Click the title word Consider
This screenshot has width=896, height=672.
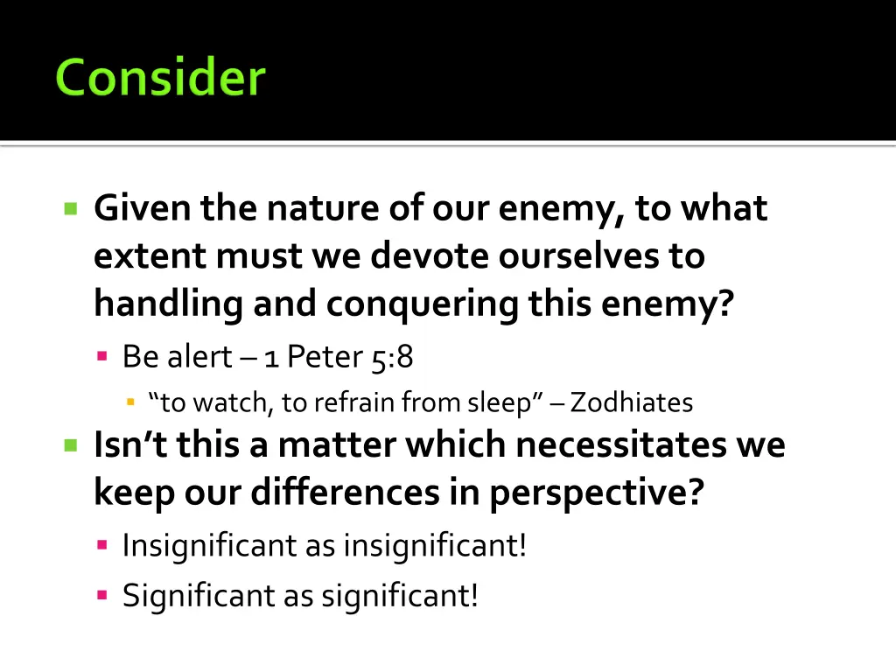[159, 78]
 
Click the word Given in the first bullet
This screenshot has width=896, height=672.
[142, 209]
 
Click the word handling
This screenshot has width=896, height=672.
[168, 304]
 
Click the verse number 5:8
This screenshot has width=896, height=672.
[392, 357]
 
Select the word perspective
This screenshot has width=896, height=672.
[597, 493]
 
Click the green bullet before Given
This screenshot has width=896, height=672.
[72, 209]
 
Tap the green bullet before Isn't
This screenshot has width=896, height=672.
[72, 445]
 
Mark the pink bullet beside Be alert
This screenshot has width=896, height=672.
[102, 356]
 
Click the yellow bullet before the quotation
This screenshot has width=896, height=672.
[131, 402]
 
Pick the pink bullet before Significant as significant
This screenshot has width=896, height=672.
[102, 595]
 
